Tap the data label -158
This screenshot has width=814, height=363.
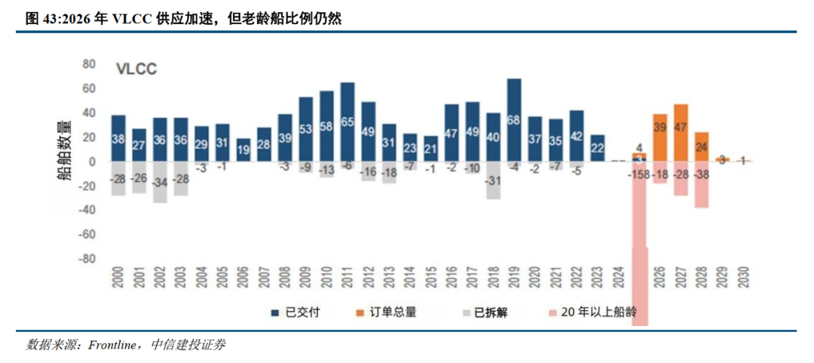[x=640, y=175]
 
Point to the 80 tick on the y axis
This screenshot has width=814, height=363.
[x=89, y=64]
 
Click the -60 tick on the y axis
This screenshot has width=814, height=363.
[x=86, y=234]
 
